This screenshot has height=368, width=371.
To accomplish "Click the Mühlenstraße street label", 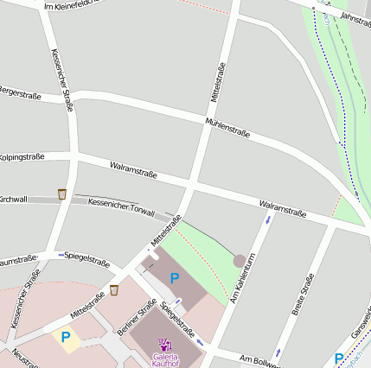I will point(228,128).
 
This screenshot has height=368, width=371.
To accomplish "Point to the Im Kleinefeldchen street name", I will point(73,7).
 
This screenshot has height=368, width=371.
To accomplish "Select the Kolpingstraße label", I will point(22,156).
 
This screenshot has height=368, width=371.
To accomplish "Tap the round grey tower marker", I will point(240,260).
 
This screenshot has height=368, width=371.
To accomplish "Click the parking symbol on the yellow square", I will point(65,337).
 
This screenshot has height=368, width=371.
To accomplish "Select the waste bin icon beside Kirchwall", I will point(61,194).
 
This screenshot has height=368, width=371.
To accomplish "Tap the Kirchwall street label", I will point(13,200).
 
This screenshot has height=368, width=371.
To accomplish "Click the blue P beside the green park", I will point(175,278).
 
